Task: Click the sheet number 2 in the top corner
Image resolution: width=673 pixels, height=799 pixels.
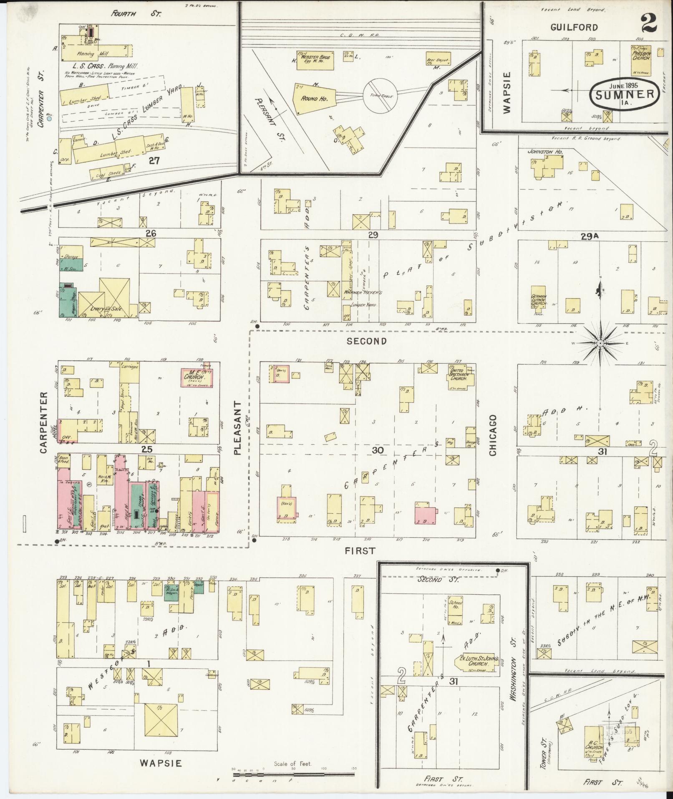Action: pyautogui.click(x=649, y=23)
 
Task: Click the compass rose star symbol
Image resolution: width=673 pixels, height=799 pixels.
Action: pyautogui.click(x=600, y=343)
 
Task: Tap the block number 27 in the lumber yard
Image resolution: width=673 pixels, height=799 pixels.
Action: pyautogui.click(x=154, y=160)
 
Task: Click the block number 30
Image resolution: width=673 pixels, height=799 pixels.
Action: pyautogui.click(x=377, y=450)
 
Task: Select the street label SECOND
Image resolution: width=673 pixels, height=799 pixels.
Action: pyautogui.click(x=367, y=341)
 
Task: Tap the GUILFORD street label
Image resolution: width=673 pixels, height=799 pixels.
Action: pyautogui.click(x=574, y=28)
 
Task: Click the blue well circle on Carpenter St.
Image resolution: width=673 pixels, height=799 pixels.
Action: pyautogui.click(x=50, y=119)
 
